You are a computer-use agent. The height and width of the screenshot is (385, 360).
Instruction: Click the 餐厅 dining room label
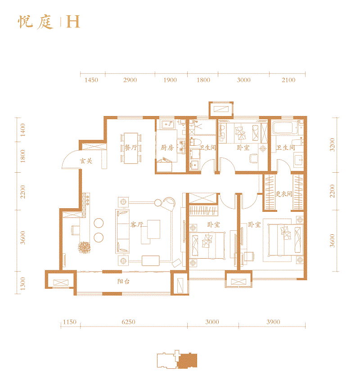coord(131,148)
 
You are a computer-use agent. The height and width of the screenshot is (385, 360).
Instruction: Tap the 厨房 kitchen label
coord(167,148)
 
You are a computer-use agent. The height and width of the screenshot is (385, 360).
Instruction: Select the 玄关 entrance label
coord(86,161)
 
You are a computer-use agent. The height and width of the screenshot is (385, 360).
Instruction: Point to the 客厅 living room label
coord(136,224)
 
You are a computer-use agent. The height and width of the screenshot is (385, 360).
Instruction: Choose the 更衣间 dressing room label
coord(284,194)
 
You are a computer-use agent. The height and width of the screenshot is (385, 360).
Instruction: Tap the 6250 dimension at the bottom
coord(129,322)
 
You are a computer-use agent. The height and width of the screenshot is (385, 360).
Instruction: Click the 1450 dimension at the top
coord(91,80)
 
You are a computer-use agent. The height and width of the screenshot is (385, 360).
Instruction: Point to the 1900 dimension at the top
coord(170,80)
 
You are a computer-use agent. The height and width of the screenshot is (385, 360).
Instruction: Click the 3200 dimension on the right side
coord(333,144)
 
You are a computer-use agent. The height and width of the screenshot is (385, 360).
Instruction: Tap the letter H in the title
coord(73,22)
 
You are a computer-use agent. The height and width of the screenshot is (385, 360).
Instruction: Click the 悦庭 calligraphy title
coord(36,22)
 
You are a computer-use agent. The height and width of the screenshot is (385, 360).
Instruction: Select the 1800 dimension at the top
coord(204,80)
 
